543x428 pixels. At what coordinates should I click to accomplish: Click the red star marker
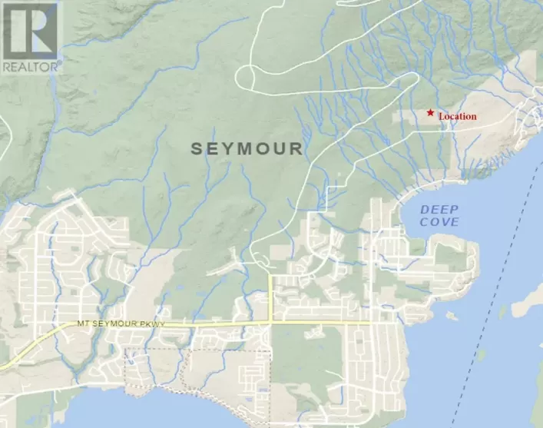pyautogui.click(x=430, y=113)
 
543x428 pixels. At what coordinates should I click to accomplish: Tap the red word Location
pyautogui.click(x=458, y=117)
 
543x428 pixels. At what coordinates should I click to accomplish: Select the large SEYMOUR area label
pyautogui.click(x=247, y=148)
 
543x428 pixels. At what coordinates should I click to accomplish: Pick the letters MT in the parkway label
pyautogui.click(x=83, y=324)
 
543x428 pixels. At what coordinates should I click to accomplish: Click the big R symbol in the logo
pyautogui.click(x=29, y=29)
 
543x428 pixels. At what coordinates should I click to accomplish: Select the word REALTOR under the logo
pyautogui.click(x=29, y=66)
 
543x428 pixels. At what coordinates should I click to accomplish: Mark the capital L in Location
pyautogui.click(x=441, y=117)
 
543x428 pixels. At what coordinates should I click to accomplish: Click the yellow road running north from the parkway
pyautogui.click(x=271, y=296)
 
